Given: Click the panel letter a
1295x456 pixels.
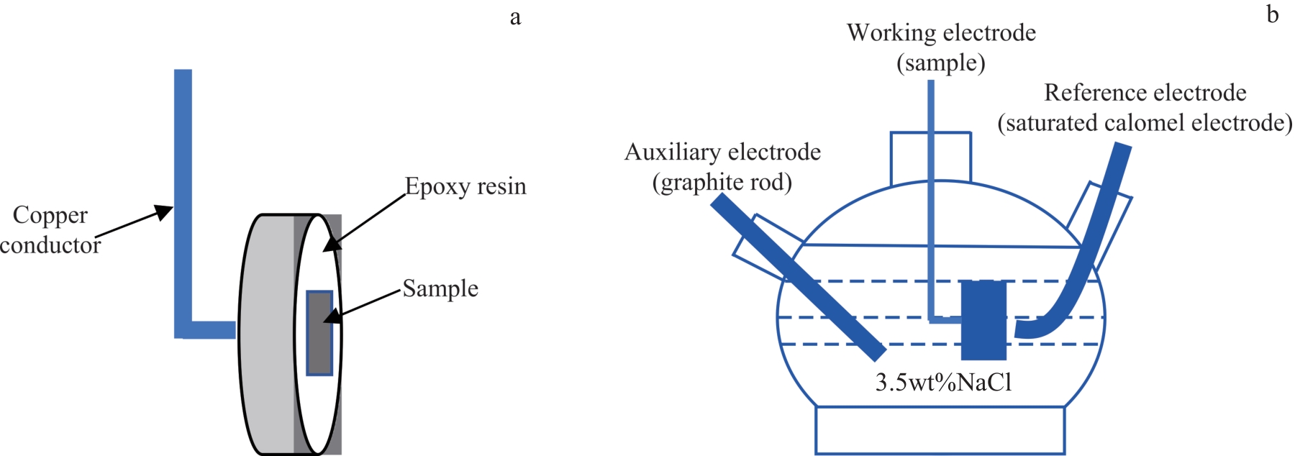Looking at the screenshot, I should coord(515,17).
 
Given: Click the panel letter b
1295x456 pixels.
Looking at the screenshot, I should coord(1273,14).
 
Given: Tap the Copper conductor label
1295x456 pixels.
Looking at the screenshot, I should coord(50,230).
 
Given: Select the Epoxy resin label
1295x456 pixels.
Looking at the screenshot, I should coord(465,186).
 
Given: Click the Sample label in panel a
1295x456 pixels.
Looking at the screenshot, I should coord(440,288).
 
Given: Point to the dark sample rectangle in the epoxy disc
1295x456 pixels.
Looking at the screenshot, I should coord(319,333).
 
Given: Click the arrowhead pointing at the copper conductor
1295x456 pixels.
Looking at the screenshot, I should coord(165,210).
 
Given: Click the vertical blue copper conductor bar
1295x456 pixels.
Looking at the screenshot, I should coord(183,194).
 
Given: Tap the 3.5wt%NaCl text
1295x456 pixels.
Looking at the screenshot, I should coord(943,382).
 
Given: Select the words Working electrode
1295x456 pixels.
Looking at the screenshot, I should coord(941,33).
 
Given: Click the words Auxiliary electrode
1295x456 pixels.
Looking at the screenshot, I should coord(722,152).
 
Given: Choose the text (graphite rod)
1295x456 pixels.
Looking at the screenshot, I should coord(722,183).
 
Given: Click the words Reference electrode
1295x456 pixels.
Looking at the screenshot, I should coord(1145,93).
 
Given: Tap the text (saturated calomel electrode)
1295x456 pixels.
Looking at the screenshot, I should coord(1145,123).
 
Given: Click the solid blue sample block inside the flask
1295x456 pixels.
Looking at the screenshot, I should coord(983,320).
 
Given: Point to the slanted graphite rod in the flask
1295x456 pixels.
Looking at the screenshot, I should coord(799,277).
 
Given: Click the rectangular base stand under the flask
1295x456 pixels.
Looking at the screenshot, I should coord(940,430).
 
